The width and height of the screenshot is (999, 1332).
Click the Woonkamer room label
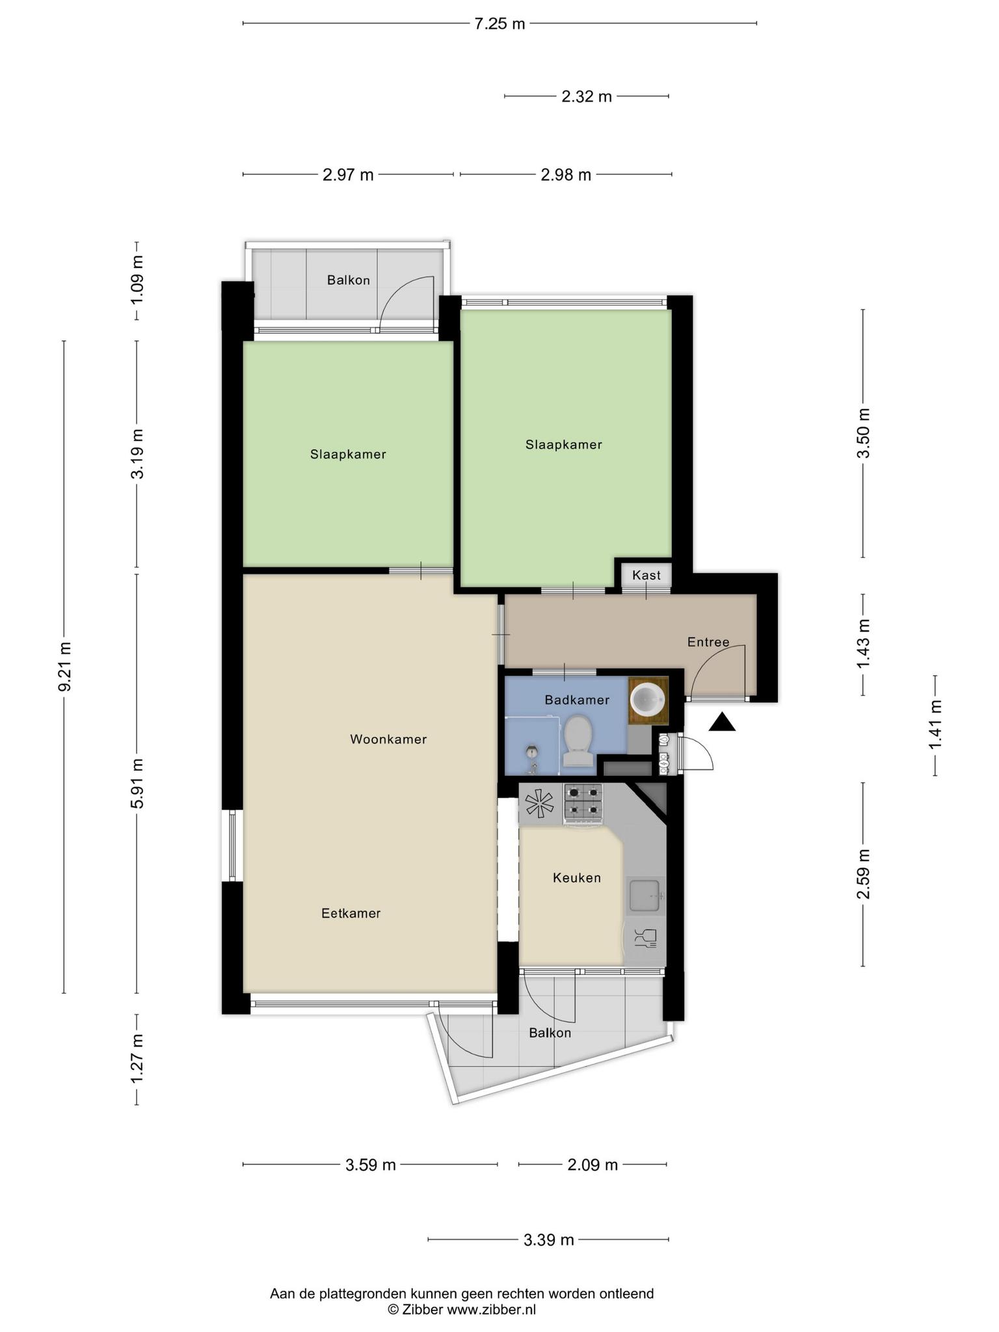(388, 739)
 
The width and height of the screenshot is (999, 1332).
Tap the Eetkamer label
(351, 913)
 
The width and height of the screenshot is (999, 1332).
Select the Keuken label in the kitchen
(577, 877)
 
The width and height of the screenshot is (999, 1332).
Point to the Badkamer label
(577, 700)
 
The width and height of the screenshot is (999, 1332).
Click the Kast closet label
(646, 575)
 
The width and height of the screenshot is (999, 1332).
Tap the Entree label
(708, 642)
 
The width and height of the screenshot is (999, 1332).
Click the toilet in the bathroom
(578, 741)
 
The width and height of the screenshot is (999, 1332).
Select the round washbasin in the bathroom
(648, 699)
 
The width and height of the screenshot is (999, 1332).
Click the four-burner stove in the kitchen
(583, 805)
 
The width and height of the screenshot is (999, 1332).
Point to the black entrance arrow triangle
(722, 723)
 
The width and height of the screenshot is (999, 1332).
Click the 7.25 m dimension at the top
(499, 24)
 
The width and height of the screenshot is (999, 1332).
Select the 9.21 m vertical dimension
(64, 667)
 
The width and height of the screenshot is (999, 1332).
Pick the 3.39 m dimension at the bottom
(548, 1240)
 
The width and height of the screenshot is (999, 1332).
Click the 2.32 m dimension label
(587, 97)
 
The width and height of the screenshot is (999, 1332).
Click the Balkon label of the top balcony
(349, 280)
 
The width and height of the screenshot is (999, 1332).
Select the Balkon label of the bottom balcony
(550, 1033)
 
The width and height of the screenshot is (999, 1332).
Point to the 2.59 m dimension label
(863, 874)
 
